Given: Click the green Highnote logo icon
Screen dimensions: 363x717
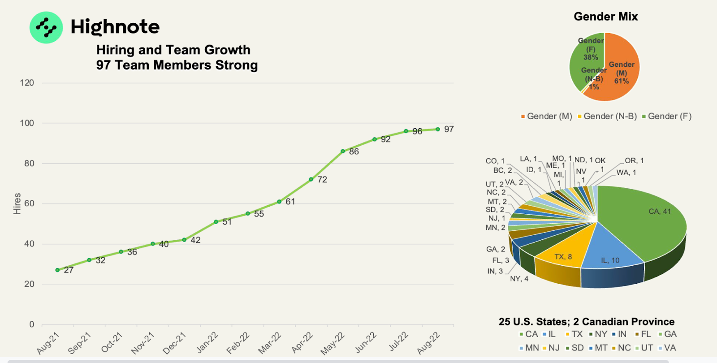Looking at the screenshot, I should pos(46,27).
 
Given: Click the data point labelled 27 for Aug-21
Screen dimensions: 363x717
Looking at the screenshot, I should pos(57,270).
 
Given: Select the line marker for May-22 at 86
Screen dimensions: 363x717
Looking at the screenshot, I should pos(343,151).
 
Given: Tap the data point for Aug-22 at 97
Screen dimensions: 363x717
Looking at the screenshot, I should pos(438,129).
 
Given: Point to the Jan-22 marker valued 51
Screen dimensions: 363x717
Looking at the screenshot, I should pos(216,222).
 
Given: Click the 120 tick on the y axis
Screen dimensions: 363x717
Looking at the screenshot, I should pos(27,83).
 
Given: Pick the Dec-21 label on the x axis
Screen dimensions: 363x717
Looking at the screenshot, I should pos(174,343).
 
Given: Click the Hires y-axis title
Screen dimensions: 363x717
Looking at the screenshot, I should pos(17,203).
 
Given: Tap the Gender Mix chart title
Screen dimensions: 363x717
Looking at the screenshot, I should pos(605,17).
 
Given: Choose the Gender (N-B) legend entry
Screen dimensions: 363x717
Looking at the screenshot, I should pos(607,117).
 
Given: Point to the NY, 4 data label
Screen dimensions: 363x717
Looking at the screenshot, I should pos(519,279).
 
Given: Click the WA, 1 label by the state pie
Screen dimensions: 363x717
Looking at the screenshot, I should pos(626,173).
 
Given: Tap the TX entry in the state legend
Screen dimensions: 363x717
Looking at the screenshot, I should pos(574,334).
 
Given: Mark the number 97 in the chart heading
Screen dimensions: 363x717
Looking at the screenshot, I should pos(103,65).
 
